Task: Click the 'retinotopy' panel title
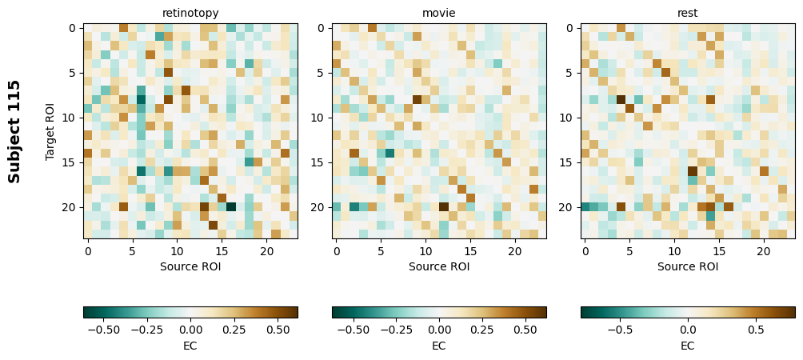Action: [190, 13]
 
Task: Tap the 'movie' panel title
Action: [439, 13]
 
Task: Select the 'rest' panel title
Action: [688, 13]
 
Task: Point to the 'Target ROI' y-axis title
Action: [50, 131]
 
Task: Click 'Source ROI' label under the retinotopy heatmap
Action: [190, 266]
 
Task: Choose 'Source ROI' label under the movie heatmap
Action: [439, 266]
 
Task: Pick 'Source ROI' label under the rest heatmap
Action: [688, 266]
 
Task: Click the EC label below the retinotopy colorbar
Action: [190, 346]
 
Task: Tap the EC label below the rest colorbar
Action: [688, 346]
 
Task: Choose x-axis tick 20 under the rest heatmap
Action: [764, 252]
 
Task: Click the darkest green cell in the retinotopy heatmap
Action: [230, 206]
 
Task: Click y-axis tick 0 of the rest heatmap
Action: [570, 28]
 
